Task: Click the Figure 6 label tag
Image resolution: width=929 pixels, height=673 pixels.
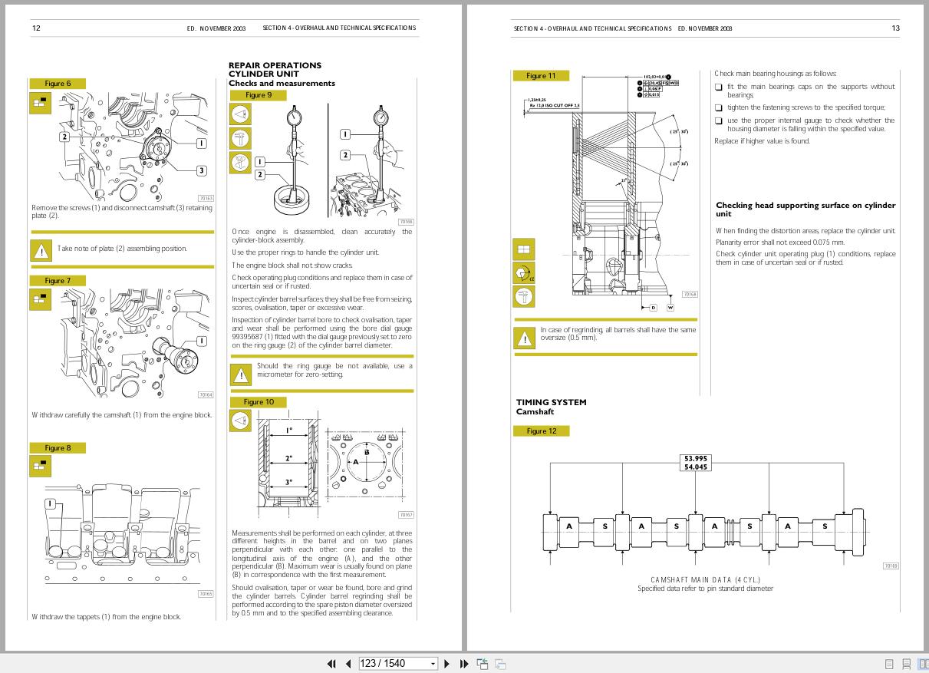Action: [x=58, y=84]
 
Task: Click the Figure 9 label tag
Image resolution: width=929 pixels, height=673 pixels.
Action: [x=258, y=95]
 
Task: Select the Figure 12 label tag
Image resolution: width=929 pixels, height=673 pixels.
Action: [x=541, y=431]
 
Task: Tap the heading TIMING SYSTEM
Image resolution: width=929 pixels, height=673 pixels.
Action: [x=551, y=402]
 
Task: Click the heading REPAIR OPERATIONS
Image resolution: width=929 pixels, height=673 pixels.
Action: [x=275, y=65]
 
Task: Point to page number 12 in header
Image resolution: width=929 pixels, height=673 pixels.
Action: [x=36, y=28]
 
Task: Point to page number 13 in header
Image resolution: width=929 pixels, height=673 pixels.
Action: [x=895, y=28]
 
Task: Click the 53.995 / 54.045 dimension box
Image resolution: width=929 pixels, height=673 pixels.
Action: [x=695, y=463]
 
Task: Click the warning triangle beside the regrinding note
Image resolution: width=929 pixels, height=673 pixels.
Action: [x=525, y=338]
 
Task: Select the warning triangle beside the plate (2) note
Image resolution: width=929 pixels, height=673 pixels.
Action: [x=40, y=250]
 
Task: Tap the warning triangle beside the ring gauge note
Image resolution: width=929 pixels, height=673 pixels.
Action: [x=241, y=374]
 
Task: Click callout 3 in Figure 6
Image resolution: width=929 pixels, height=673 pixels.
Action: [x=201, y=170]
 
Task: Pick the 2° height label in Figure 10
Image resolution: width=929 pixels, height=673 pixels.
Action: [x=288, y=458]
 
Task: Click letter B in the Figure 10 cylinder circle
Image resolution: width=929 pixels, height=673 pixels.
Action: [x=367, y=452]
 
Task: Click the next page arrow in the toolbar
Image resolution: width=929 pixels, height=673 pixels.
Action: [x=446, y=664]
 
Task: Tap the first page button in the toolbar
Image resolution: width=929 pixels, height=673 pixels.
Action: [x=331, y=664]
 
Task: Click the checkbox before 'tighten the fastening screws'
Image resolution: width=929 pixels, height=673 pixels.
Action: [x=719, y=108]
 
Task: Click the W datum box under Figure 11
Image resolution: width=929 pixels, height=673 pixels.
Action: [x=670, y=308]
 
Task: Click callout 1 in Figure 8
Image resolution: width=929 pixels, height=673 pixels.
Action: [x=51, y=504]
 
